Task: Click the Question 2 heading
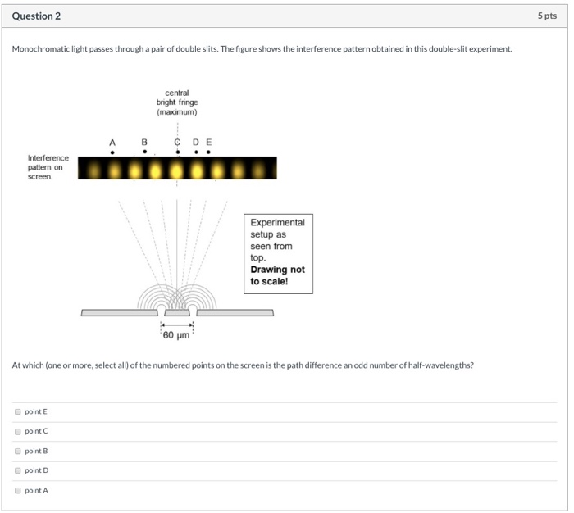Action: point(36,16)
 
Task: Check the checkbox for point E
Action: point(17,411)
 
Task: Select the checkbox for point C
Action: point(17,431)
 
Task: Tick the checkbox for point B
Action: point(17,451)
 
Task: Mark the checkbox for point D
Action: point(17,470)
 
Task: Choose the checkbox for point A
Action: point(17,490)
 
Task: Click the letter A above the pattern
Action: point(112,142)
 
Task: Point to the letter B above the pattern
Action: point(145,142)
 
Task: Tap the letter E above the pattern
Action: point(208,142)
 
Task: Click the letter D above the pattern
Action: point(196,142)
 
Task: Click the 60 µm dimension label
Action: point(176,335)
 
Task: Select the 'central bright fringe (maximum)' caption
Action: point(177,102)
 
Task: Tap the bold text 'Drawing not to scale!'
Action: point(277,275)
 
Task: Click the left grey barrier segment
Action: point(120,312)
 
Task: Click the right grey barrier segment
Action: point(235,312)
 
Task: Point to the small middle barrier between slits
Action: point(177,312)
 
